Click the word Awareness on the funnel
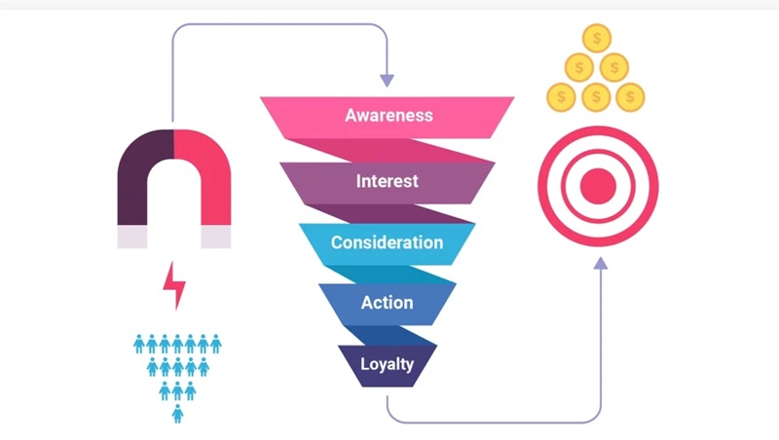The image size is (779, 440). [388, 115]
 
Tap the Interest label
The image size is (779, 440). [388, 180]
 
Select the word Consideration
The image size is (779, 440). [388, 241]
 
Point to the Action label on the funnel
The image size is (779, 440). [388, 303]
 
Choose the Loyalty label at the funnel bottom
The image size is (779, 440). [388, 364]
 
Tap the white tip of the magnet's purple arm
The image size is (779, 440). [131, 237]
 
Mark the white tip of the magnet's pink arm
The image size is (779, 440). [216, 237]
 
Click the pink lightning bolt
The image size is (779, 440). [174, 284]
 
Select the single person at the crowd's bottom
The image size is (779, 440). [177, 413]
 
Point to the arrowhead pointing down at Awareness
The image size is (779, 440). [388, 78]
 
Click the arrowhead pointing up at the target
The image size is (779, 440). [600, 261]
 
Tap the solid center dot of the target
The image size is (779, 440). [599, 182]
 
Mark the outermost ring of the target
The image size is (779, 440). [599, 132]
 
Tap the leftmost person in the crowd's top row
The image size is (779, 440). [139, 343]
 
